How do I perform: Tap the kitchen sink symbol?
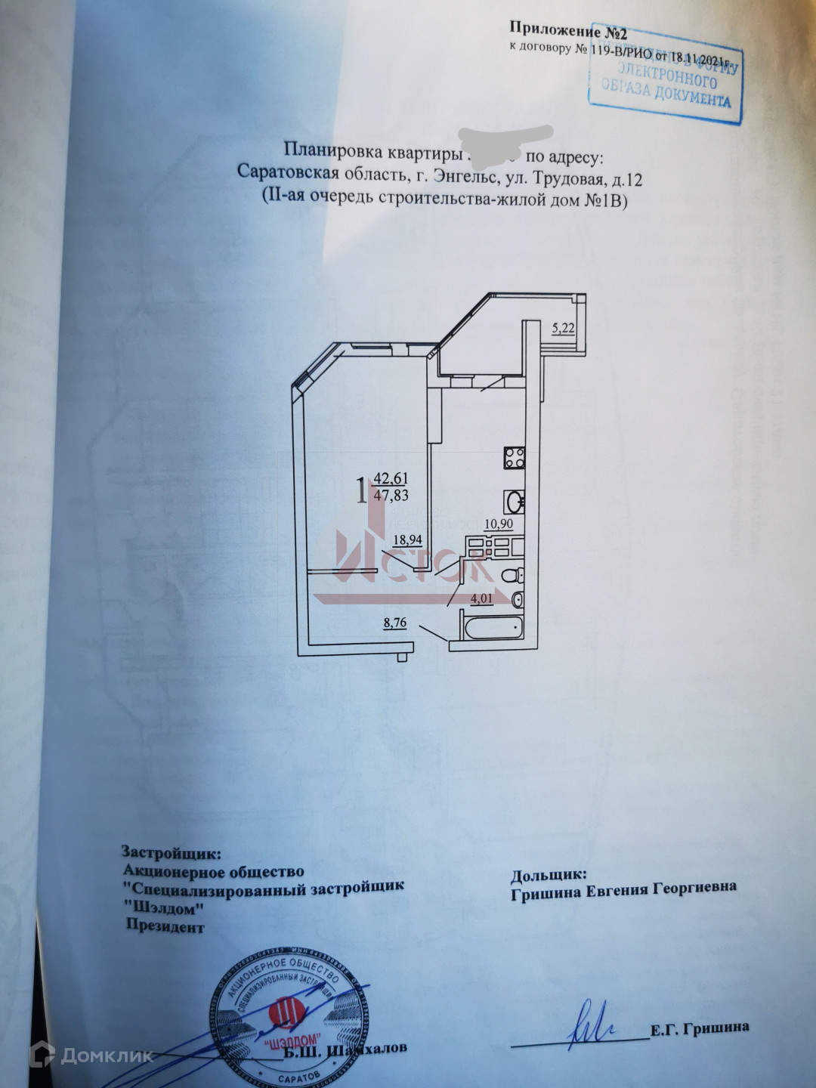coord(513,502)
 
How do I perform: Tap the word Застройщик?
coord(172,853)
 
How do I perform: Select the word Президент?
coord(165,927)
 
